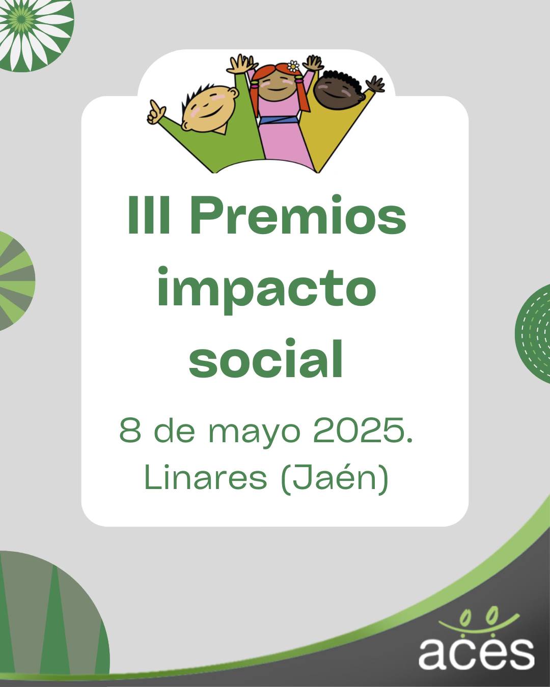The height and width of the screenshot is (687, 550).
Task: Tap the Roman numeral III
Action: click(x=149, y=215)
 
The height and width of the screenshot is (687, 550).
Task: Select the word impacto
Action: click(x=266, y=289)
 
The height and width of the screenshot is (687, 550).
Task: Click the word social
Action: click(x=266, y=359)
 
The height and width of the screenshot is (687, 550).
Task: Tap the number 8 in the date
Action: click(x=130, y=431)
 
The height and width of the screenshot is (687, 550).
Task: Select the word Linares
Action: click(x=206, y=478)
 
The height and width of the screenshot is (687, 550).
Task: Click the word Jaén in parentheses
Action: click(x=334, y=478)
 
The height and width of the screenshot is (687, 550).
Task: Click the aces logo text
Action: click(x=476, y=653)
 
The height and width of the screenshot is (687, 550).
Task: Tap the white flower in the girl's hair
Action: click(x=293, y=66)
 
